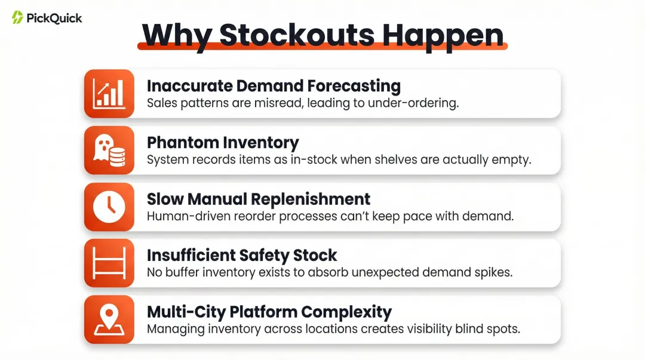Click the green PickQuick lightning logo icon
point(17,17)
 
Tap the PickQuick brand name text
point(54,18)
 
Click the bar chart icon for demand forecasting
point(109,93)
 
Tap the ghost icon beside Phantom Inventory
point(109,150)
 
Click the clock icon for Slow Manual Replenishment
point(109,207)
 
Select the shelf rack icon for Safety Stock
point(109,263)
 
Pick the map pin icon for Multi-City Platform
point(109,320)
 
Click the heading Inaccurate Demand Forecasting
point(274,86)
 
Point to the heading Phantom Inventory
point(222,143)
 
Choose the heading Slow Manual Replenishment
point(259,199)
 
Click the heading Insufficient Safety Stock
point(242,256)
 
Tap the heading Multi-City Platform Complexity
point(269,312)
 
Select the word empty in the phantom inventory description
point(515,159)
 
